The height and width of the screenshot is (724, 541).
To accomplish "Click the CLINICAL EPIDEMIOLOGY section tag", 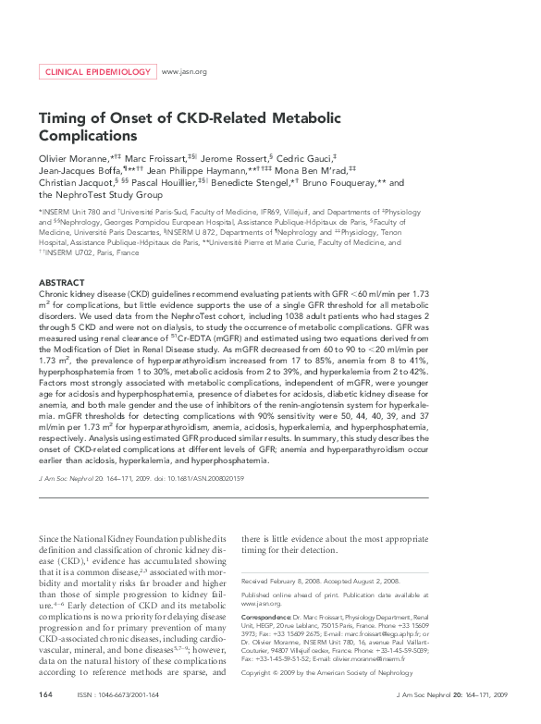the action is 96,71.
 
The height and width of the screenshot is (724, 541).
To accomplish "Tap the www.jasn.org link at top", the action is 184,71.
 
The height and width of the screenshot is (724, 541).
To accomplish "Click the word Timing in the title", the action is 62,119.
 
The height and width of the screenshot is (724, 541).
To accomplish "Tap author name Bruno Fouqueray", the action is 345,185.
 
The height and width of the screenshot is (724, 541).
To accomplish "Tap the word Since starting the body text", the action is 49,538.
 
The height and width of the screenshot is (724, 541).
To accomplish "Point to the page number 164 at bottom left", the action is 45,693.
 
